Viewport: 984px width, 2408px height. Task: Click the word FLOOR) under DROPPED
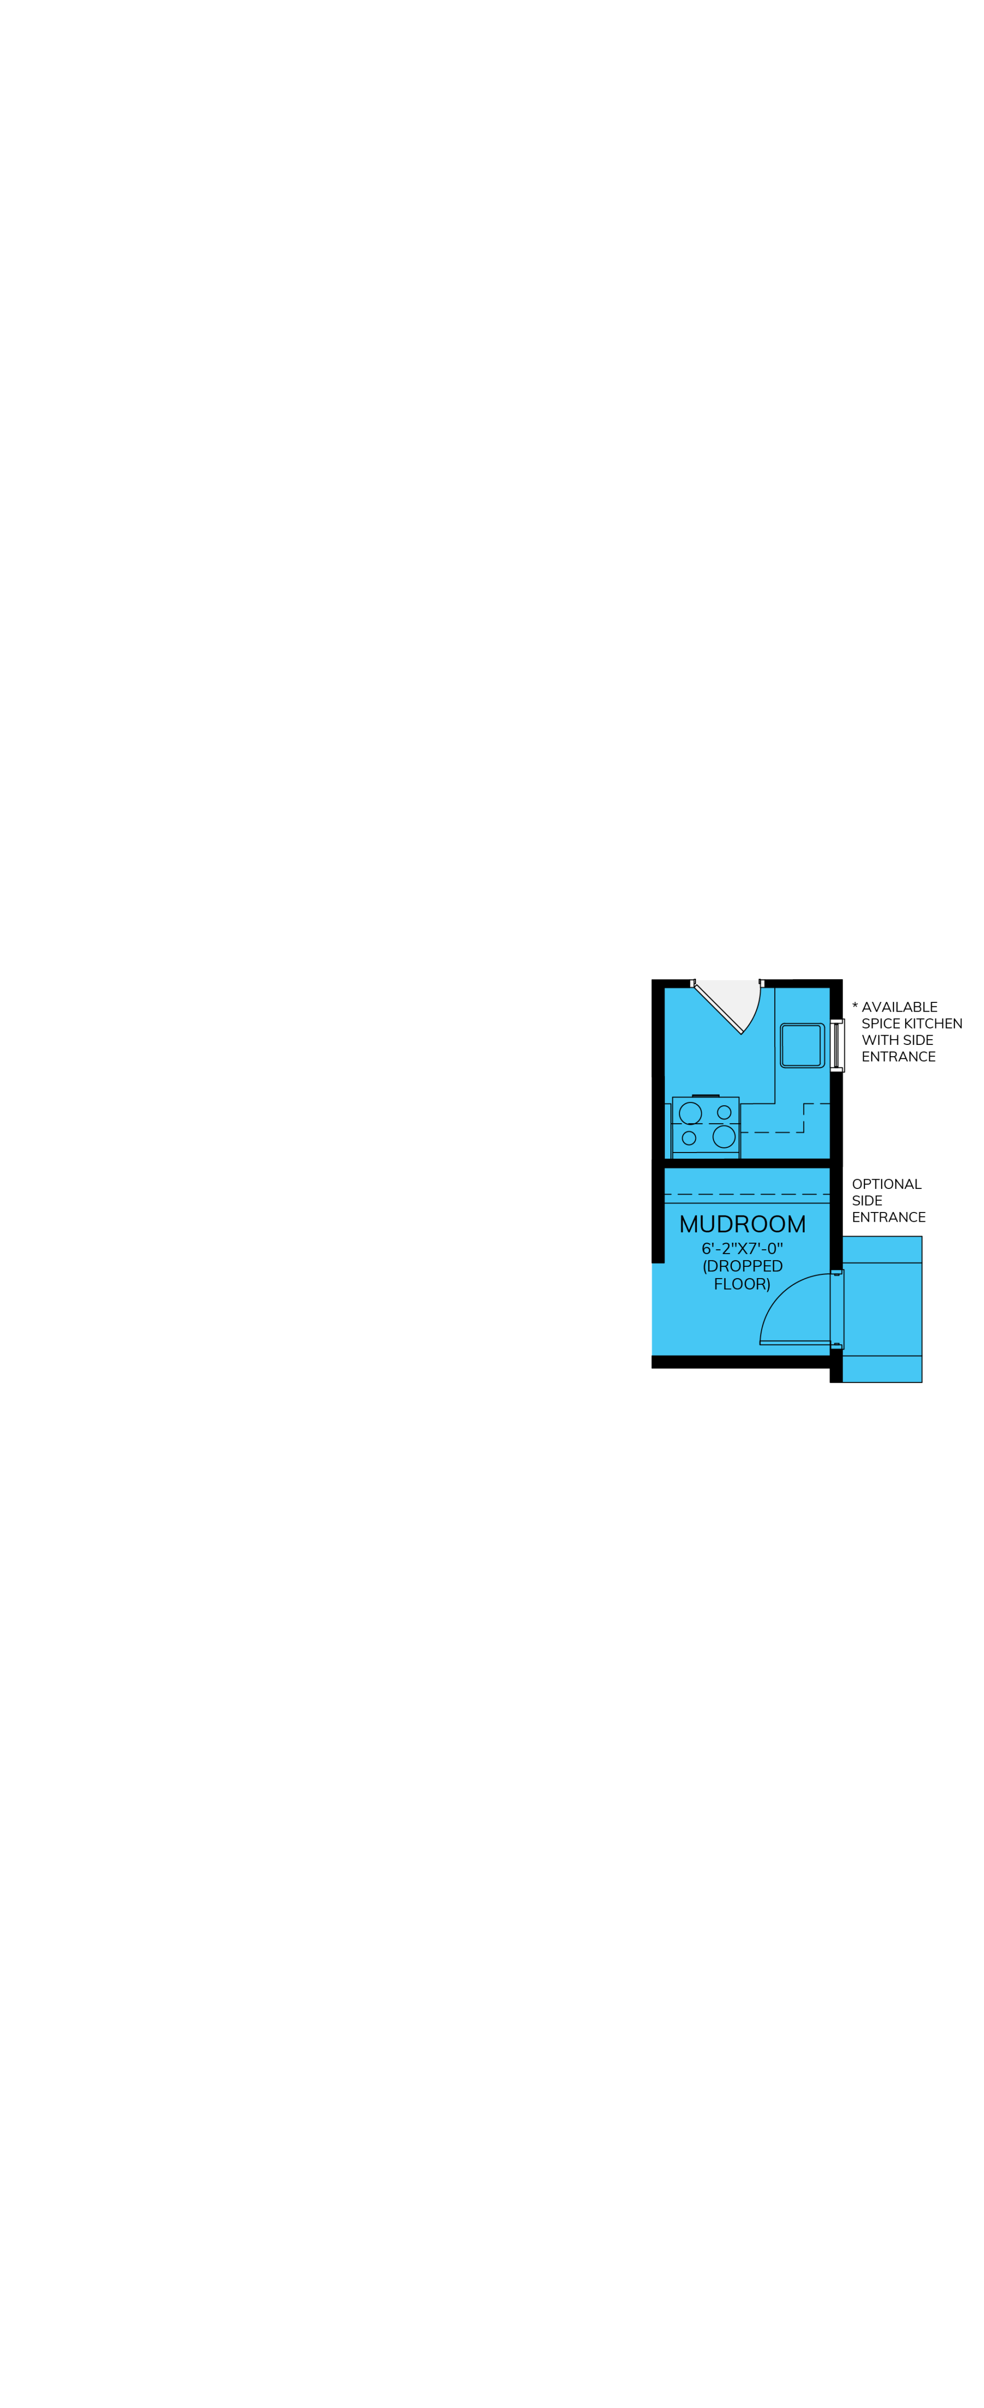742,1284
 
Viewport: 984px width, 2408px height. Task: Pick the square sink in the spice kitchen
802,1045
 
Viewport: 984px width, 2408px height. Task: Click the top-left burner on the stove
690,1114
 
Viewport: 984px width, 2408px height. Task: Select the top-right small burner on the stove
724,1113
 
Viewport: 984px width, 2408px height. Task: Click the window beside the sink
837,1045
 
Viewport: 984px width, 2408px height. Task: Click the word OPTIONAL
887,1184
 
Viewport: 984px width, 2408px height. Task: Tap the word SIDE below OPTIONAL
867,1201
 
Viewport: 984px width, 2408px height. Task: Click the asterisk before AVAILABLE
855,1006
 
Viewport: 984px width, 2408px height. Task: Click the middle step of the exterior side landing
882,1309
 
